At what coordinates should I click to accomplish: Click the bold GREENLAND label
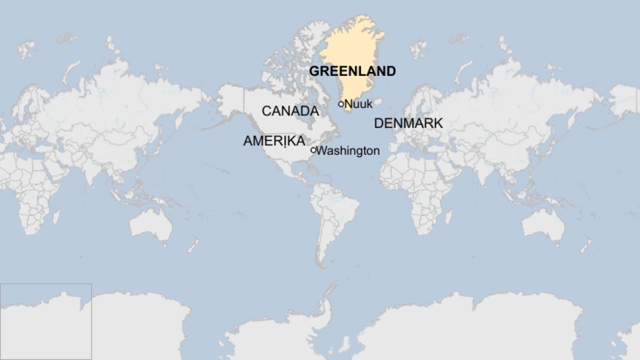point(352,71)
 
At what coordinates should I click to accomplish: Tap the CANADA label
point(290,111)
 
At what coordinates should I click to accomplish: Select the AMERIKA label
point(274,141)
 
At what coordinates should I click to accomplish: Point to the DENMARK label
point(408,123)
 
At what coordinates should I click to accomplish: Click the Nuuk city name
point(358,104)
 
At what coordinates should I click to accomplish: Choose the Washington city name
point(348,151)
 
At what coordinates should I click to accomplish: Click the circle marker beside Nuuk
point(341,104)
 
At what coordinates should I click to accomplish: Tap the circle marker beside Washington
point(313,150)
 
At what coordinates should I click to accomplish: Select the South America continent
point(333,212)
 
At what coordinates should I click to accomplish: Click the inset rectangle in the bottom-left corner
point(46,322)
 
